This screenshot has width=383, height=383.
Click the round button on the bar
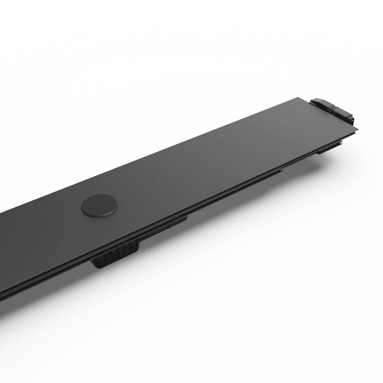click(99, 206)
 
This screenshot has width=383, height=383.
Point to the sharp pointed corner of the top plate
click(358, 129)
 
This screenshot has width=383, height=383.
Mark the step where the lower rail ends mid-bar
click(282, 171)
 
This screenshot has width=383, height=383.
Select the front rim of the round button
click(99, 214)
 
